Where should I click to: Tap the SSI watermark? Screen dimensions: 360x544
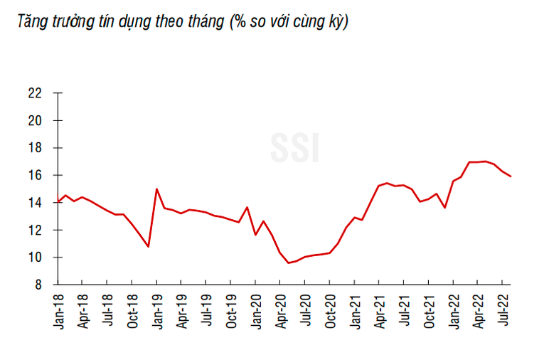click(x=294, y=147)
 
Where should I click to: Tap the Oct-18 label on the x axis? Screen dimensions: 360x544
click(x=132, y=311)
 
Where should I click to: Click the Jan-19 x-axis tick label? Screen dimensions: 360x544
click(x=156, y=311)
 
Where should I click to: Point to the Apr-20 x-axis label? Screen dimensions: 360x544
click(x=281, y=311)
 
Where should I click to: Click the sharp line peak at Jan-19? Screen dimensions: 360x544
click(x=156, y=189)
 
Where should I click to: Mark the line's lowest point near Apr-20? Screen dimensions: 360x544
click(x=289, y=263)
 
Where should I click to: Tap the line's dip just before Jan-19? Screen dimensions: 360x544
click(x=148, y=246)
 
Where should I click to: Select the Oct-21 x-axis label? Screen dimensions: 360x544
click(x=429, y=311)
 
